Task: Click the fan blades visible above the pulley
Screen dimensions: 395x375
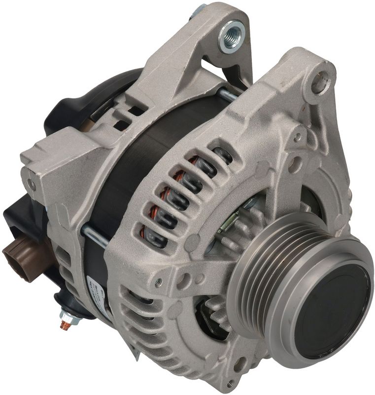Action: click(246, 217)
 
